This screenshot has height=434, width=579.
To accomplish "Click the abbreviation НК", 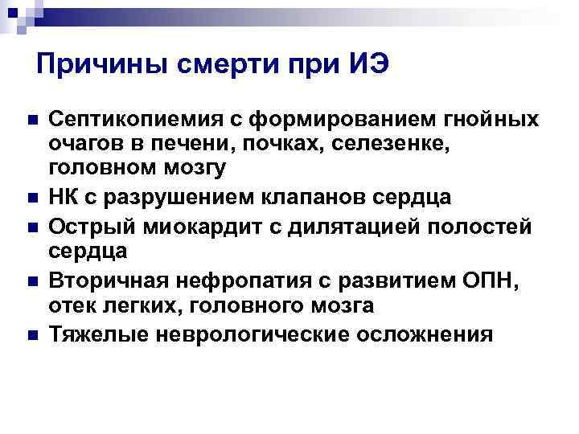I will pos(65,197).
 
